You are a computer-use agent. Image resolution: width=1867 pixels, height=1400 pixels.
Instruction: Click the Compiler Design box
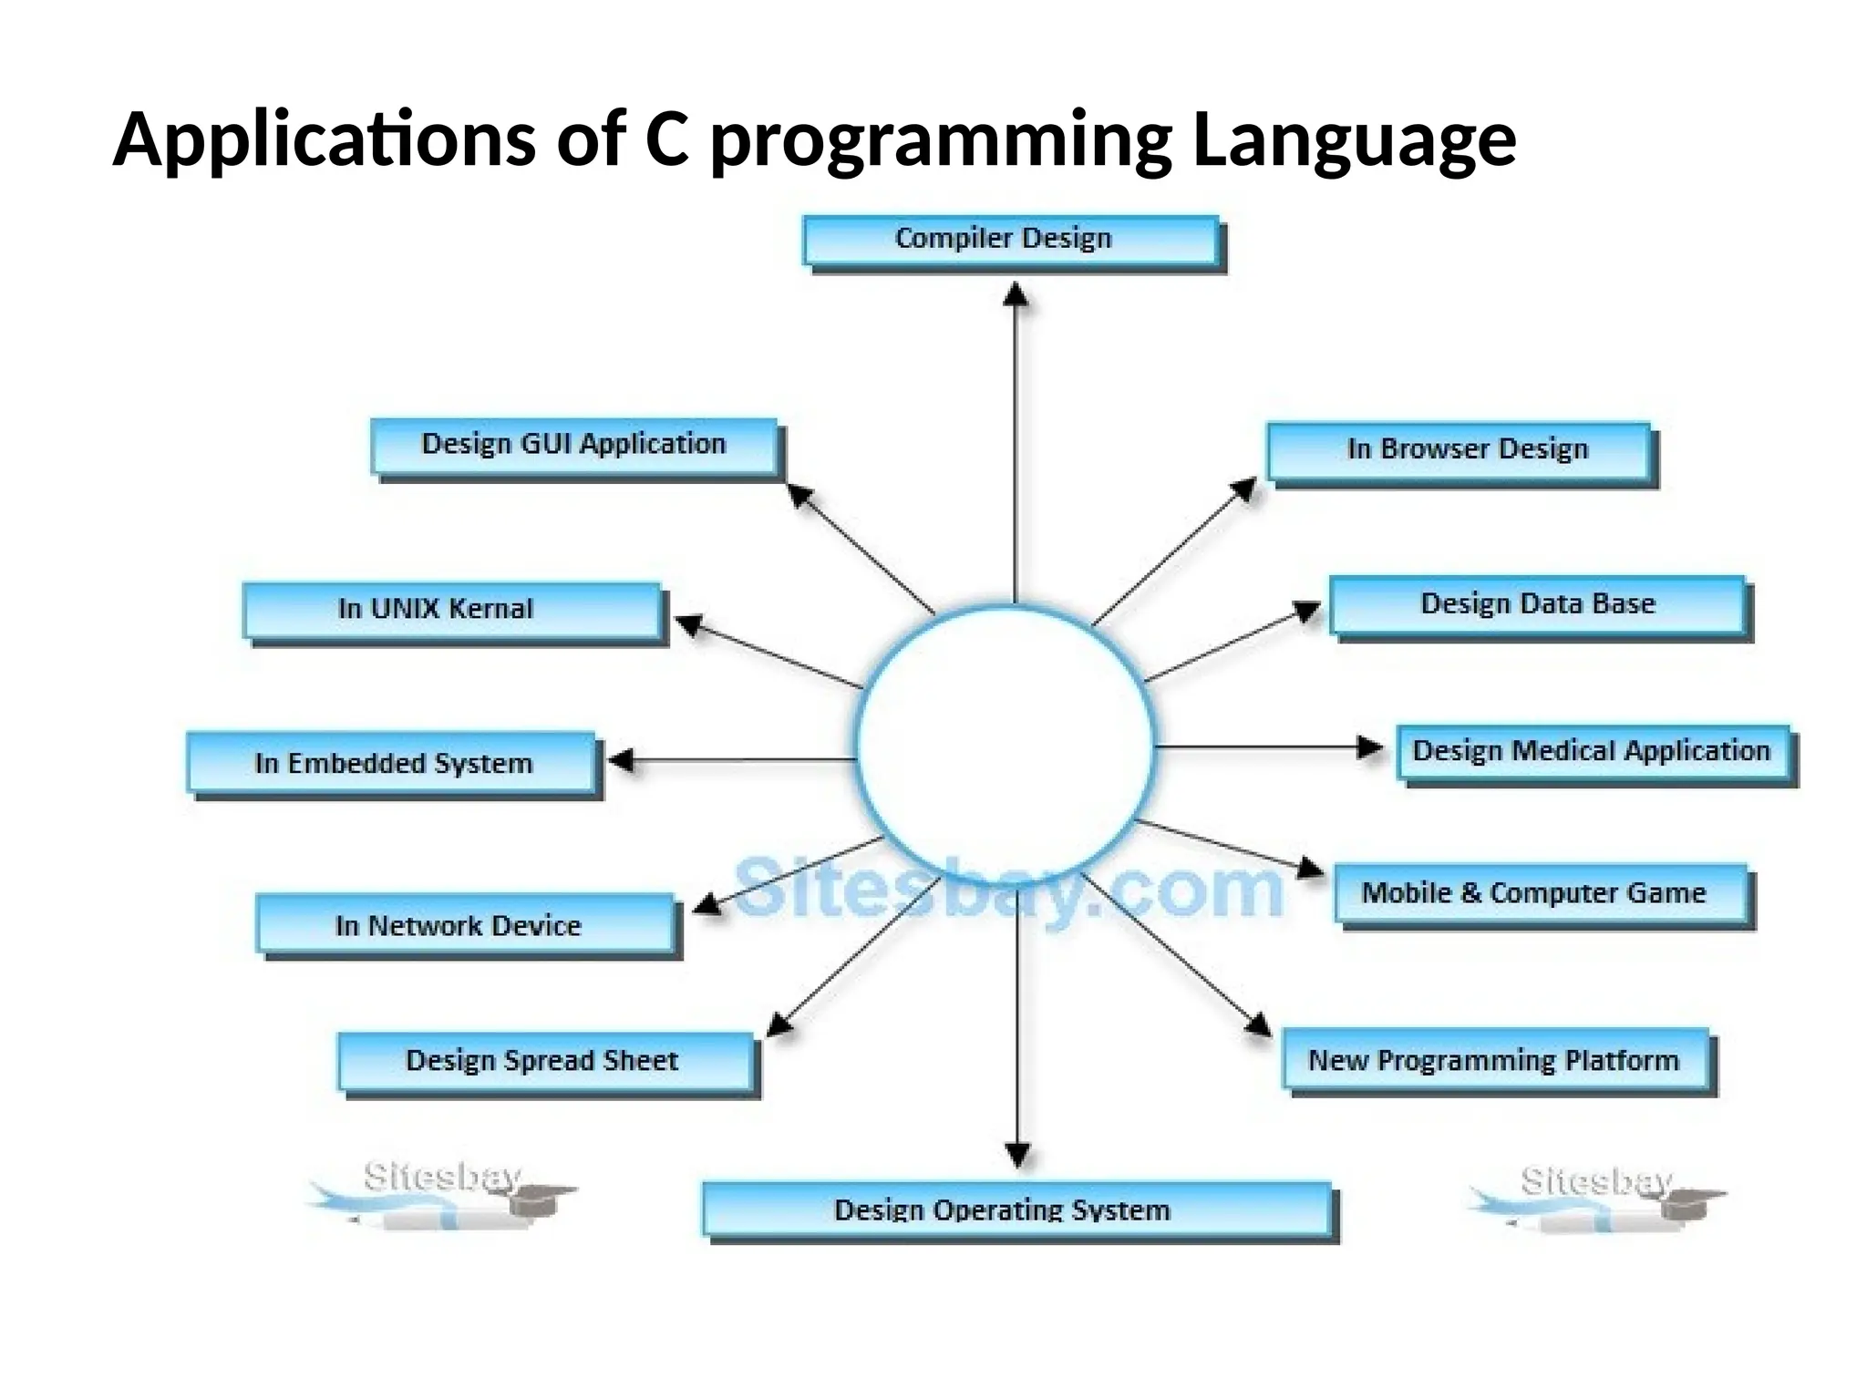point(1010,241)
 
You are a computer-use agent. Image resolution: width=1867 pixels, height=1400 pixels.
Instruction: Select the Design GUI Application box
point(573,446)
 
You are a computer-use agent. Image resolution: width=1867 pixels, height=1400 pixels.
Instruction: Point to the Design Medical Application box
point(1593,752)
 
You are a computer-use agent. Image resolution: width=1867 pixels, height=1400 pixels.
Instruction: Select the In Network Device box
point(465,925)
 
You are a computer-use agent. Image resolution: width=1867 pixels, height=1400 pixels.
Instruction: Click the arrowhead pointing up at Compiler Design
point(1016,294)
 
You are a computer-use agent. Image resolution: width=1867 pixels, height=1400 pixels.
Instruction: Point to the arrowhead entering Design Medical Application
point(1369,747)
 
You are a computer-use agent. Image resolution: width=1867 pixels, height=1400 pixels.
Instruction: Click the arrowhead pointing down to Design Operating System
point(1017,1155)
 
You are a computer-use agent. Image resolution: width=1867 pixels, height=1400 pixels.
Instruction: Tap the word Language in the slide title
point(1354,141)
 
